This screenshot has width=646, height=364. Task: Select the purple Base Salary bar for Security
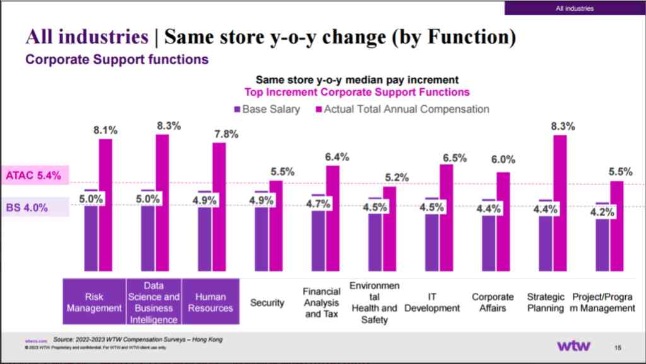pos(261,236)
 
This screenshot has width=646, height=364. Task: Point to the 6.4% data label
pos(332,157)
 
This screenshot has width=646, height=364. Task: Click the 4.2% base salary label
pos(602,212)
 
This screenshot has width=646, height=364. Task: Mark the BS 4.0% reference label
pos(28,207)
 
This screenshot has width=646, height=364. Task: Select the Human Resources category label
pos(210,302)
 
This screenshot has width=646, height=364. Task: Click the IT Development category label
pos(433,302)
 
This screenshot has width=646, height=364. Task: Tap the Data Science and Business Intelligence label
pos(154,302)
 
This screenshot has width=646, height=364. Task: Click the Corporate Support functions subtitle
pos(117,60)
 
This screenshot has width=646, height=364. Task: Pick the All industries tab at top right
pos(574,8)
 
